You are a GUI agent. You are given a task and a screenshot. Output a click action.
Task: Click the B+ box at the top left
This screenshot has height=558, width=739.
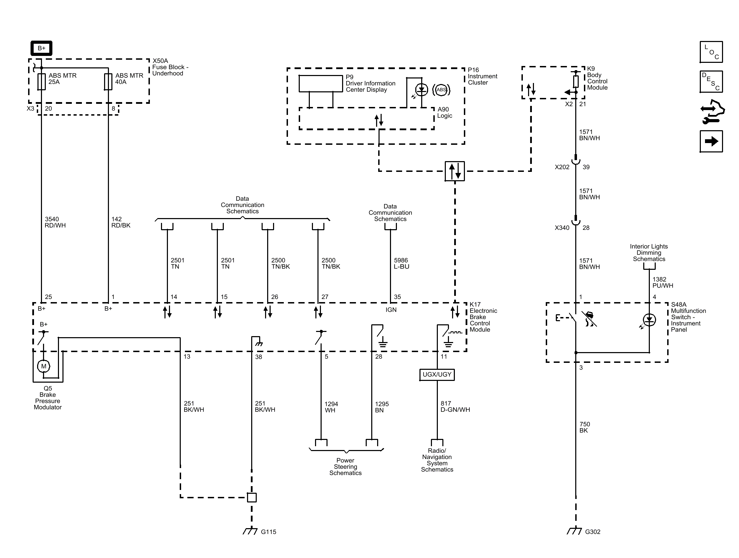[x=41, y=48]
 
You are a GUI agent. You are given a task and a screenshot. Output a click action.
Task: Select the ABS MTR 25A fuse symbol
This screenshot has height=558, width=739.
[x=42, y=82]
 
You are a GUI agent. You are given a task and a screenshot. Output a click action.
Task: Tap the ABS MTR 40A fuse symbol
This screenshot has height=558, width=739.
[x=108, y=82]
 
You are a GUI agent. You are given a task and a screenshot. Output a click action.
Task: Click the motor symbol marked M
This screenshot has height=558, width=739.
[x=44, y=366]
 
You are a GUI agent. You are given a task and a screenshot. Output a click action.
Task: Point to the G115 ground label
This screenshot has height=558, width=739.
[x=269, y=532]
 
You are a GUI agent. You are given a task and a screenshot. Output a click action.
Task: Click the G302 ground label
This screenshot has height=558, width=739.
[x=593, y=532]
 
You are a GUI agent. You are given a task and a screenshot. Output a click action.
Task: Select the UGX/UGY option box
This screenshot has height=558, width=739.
[x=437, y=375]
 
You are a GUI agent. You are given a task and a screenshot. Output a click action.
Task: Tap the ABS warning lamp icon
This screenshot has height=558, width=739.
[x=441, y=90]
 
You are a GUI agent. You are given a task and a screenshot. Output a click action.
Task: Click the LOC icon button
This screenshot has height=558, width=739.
[x=711, y=52]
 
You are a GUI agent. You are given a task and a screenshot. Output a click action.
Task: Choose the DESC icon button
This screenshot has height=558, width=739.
[x=711, y=82]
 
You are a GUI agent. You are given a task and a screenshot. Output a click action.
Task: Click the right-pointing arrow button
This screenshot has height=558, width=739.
[x=711, y=141]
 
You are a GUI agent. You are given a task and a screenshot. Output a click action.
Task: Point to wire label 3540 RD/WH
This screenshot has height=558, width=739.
[x=55, y=222]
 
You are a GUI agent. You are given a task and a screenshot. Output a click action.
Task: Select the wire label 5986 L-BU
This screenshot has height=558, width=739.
[x=401, y=264]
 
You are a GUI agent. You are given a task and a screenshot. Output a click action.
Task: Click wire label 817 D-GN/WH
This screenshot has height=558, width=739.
[x=455, y=407]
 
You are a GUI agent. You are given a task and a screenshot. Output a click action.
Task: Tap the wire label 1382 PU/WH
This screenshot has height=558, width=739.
[x=663, y=283]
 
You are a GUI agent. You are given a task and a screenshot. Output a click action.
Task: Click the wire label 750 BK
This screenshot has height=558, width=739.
[x=585, y=427]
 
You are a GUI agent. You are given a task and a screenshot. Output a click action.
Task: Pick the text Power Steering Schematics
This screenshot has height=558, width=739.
[x=346, y=467]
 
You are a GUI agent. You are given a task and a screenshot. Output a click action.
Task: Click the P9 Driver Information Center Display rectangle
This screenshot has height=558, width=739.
[x=321, y=84]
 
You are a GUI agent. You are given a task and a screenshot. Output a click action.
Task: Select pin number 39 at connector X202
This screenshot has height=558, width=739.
[x=586, y=167]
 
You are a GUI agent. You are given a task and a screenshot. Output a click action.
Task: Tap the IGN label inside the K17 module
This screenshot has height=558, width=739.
[x=391, y=310]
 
